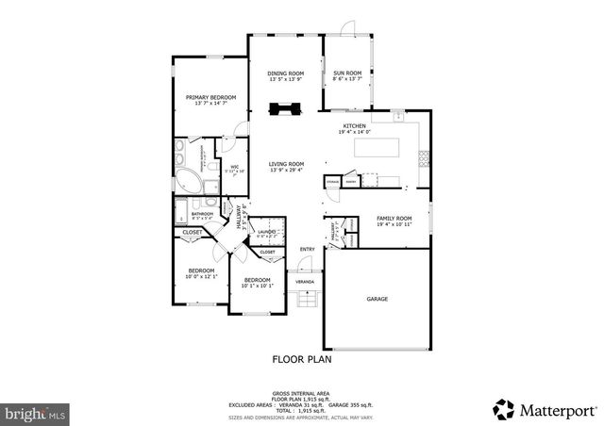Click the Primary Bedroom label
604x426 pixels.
pyautogui.click(x=210, y=97)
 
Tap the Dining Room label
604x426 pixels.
pyautogui.click(x=285, y=74)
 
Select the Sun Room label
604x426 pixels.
pyautogui.click(x=347, y=74)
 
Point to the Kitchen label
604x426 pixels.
pyautogui.click(x=354, y=125)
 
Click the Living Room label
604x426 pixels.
pyautogui.click(x=285, y=163)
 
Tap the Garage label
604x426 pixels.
pyautogui.click(x=377, y=299)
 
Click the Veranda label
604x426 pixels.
pyautogui.click(x=305, y=281)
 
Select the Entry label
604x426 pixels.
pyautogui.click(x=307, y=250)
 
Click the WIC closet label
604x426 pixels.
pyautogui.click(x=235, y=167)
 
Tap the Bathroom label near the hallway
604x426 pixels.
pyautogui.click(x=202, y=214)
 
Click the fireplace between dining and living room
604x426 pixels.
pyautogui.click(x=283, y=108)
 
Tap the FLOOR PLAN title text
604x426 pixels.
pyautogui.click(x=302, y=358)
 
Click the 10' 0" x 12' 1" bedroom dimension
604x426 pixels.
pyautogui.click(x=202, y=276)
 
